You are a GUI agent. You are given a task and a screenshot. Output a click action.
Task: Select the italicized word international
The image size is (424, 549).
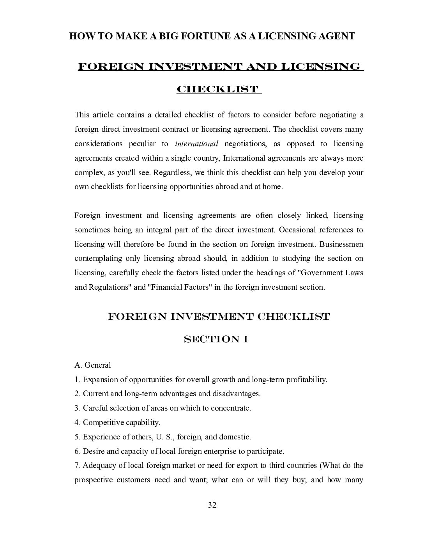(x=196, y=144)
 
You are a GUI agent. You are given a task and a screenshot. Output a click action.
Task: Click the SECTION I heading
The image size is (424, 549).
(x=216, y=339)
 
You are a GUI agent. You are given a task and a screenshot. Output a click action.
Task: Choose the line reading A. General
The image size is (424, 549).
(x=93, y=365)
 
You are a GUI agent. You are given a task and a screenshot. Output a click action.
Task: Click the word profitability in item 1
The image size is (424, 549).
(x=306, y=379)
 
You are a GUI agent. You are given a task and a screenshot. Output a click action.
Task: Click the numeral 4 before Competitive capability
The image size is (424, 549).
(x=76, y=422)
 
